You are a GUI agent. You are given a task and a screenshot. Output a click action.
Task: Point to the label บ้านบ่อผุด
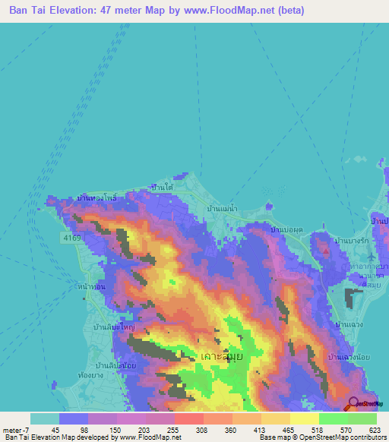287,229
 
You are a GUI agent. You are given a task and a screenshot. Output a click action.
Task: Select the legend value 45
55,430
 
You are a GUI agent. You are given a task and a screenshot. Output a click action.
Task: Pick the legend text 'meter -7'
16,430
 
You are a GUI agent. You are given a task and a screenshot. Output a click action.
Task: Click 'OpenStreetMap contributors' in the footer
334,437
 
